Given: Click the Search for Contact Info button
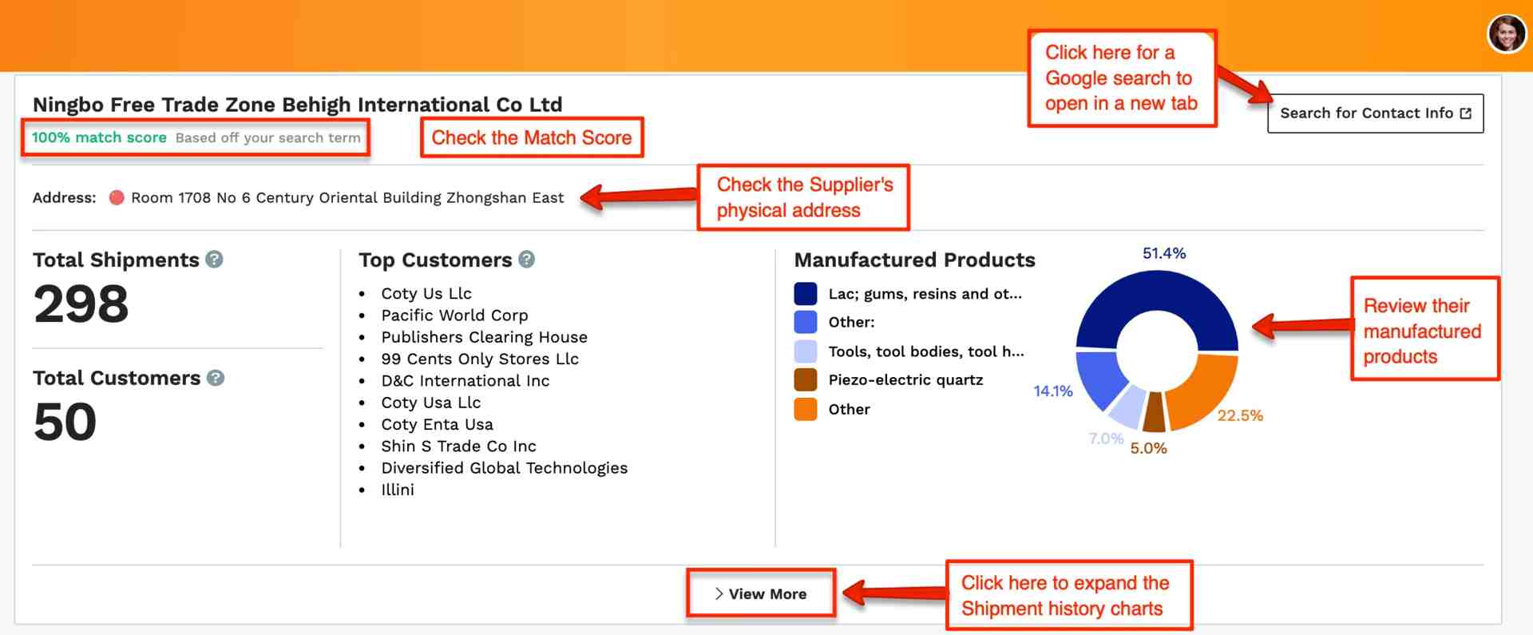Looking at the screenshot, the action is coord(1375,113).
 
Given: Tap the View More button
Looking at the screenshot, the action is coord(761,593).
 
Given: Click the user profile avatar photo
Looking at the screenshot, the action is coord(1507,34).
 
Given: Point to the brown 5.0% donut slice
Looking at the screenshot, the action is coord(1154,412).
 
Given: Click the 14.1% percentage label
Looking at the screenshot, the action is coord(1052,391).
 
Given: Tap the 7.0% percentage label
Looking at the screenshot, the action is coord(1106,439).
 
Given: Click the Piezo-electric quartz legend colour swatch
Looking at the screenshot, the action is coord(806,380).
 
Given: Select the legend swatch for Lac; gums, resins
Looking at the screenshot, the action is coord(806,293).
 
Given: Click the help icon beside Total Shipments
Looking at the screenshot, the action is coord(214,259).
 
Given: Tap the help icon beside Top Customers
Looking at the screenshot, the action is coord(526,259).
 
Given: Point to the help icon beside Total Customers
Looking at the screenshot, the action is coord(216,377).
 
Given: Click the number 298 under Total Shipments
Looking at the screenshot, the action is coord(81,304).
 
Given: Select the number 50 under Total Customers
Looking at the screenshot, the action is coord(65,422).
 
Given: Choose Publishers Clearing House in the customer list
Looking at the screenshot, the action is coord(484,337).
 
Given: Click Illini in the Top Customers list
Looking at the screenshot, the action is coord(398,490).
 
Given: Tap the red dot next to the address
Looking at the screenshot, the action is coord(117,197).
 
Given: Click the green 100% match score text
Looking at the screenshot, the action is coord(99,137).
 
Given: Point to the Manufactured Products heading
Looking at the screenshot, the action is coord(914,260).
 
